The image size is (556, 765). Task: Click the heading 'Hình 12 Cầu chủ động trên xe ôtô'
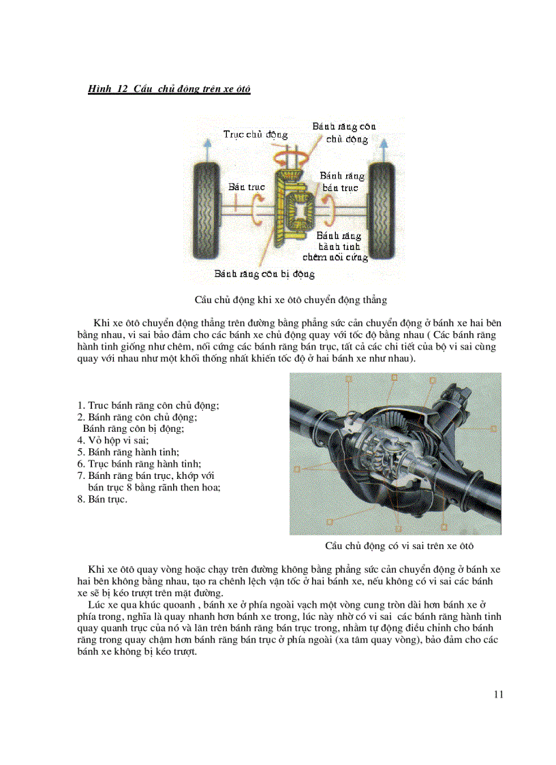170,89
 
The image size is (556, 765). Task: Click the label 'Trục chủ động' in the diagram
256,134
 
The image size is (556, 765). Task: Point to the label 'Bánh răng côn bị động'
264,274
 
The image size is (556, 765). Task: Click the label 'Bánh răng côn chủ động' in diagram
344,133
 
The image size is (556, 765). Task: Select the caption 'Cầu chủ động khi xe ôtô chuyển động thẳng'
291,300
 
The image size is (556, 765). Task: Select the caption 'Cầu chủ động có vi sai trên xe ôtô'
399,546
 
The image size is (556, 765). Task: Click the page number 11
498,694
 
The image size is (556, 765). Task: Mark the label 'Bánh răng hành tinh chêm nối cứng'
343,247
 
